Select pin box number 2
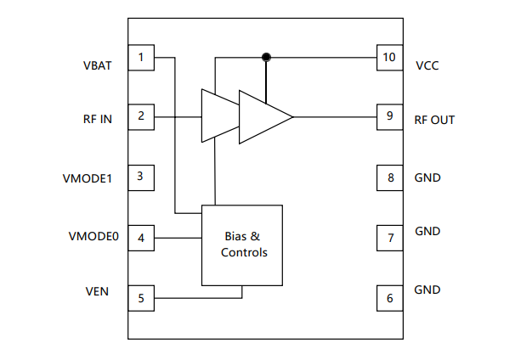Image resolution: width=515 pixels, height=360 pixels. coord(141,116)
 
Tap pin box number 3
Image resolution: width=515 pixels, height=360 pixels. coord(141,177)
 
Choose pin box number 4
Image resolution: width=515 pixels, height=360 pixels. coord(141,238)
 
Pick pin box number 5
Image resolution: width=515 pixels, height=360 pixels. coord(141,298)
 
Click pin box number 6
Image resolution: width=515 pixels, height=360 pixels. coord(390,298)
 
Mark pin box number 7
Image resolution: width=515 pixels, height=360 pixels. coord(390,238)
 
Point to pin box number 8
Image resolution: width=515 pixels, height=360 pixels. coord(390,177)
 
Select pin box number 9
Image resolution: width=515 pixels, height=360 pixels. coord(390,116)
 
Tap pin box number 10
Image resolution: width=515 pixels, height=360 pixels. coord(390,58)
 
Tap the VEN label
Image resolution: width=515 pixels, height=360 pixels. coord(96,291)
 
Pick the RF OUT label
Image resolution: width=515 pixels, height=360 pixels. coord(434,120)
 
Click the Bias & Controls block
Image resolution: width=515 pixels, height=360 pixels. coord(241,245)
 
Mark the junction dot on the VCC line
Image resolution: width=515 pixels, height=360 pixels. coord(266,58)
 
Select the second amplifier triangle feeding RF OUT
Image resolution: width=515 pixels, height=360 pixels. coord(262,116)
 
